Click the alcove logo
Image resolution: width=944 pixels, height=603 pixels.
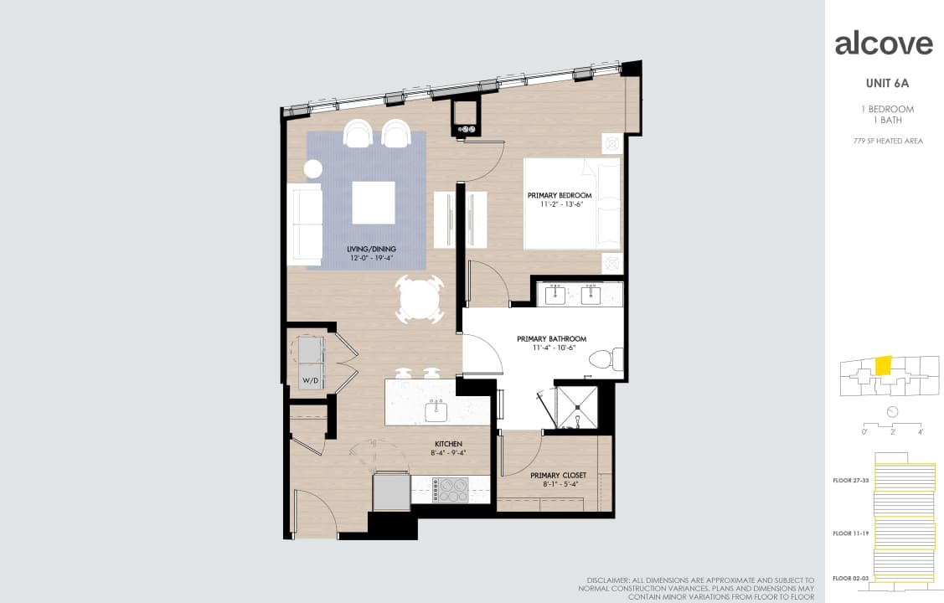pos(884,44)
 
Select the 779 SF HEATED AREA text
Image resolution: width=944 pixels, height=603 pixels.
pos(888,141)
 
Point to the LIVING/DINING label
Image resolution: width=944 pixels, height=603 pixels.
pos(371,249)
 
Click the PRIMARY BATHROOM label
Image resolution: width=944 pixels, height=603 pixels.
pos(551,339)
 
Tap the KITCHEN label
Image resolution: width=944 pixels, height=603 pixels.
pos(448,444)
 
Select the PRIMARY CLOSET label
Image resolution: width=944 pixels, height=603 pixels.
pos(558,475)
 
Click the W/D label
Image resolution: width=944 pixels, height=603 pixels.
pos(310,381)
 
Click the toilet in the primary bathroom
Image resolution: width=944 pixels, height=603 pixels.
pos(606,360)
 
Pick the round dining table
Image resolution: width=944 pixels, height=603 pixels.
pos(419,299)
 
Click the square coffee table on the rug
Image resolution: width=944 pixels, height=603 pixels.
pos(373,203)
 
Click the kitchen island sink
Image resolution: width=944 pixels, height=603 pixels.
pos(436,410)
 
